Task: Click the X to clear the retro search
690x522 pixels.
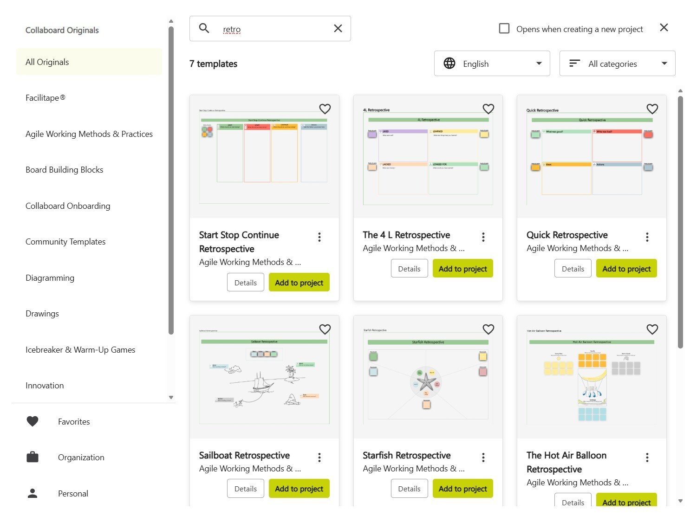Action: coord(338,29)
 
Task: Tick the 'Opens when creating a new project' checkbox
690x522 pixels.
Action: coord(504,29)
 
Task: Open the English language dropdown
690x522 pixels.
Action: coord(492,64)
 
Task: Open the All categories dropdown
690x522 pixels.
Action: coord(617,64)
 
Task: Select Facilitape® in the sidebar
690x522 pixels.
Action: coord(46,98)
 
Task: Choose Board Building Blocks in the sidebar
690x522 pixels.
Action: coord(65,170)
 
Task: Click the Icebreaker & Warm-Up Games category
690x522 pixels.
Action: coord(80,350)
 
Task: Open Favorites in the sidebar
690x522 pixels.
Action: coord(74,422)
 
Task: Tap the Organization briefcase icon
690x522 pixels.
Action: coord(33,458)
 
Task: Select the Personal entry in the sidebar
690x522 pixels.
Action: coord(73,494)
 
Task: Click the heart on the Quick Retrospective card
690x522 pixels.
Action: coord(652,109)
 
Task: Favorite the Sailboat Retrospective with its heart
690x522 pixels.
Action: coord(325,329)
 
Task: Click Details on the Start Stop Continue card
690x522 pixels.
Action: coord(245,283)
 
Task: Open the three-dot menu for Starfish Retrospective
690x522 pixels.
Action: coord(483,458)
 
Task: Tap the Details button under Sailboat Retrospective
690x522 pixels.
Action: coord(245,489)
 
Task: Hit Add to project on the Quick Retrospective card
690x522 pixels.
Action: coord(626,269)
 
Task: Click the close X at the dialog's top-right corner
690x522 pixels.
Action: coord(664,28)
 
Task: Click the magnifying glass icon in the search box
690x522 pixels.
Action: coord(204,28)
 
